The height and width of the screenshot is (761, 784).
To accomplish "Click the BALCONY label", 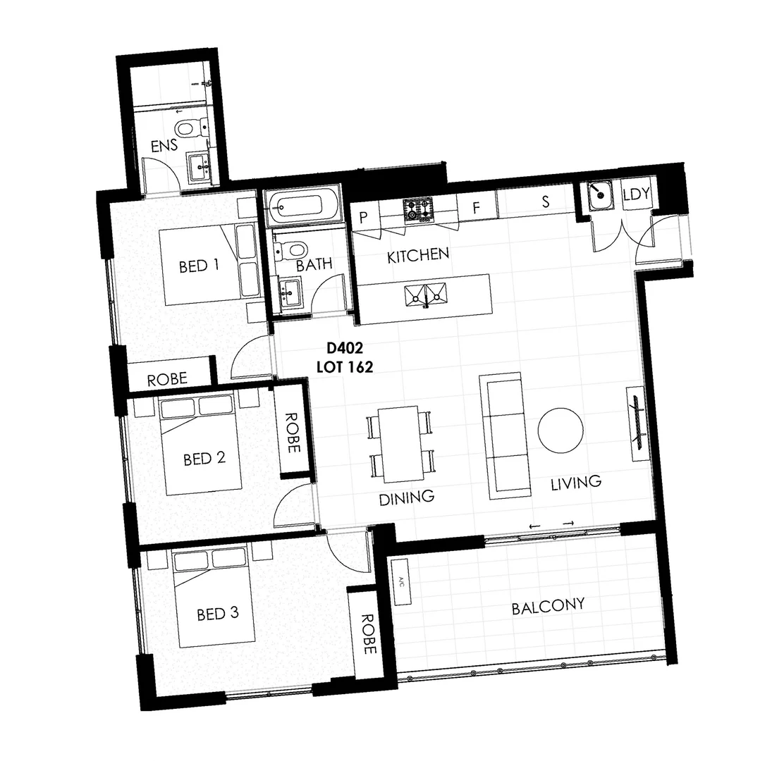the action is click(x=548, y=607).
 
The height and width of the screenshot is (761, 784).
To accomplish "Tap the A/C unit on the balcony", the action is click(x=400, y=582).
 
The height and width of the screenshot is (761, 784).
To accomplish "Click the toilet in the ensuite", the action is click(x=192, y=127).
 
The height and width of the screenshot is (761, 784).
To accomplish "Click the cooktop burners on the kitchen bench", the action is click(x=419, y=211).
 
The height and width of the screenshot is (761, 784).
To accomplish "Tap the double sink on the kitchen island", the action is click(x=426, y=295).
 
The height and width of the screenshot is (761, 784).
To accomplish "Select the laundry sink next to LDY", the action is click(x=599, y=196).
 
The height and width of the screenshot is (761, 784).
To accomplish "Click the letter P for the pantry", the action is click(x=364, y=217).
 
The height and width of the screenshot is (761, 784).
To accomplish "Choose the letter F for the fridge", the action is click(x=476, y=207).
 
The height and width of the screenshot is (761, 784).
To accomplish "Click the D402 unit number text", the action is click(x=345, y=347).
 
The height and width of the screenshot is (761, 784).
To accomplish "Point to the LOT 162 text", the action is click(x=345, y=367).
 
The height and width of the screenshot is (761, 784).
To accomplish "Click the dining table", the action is click(x=401, y=444).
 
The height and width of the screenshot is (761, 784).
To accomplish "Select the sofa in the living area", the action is click(x=505, y=435).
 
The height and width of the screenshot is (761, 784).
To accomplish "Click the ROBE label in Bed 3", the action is click(x=368, y=634).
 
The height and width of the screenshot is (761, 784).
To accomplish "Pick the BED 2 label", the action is click(x=204, y=459).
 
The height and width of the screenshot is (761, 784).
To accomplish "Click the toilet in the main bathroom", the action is click(x=290, y=248).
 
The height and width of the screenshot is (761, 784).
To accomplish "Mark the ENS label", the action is click(x=164, y=145).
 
